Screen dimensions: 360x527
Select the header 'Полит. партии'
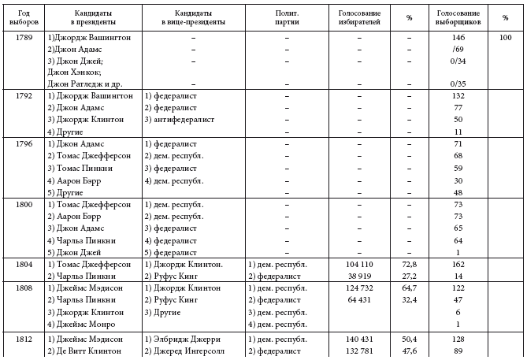point(287,18)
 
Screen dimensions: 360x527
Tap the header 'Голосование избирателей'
point(359,18)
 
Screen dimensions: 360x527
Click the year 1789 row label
point(24,38)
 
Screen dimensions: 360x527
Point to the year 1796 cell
point(24,145)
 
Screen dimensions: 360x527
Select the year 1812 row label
point(24,338)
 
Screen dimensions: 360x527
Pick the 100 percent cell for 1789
point(505,38)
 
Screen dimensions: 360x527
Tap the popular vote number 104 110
point(359,265)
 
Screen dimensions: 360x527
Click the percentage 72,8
point(409,265)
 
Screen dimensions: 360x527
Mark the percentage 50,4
point(409,338)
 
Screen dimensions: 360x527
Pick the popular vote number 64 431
point(359,300)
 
